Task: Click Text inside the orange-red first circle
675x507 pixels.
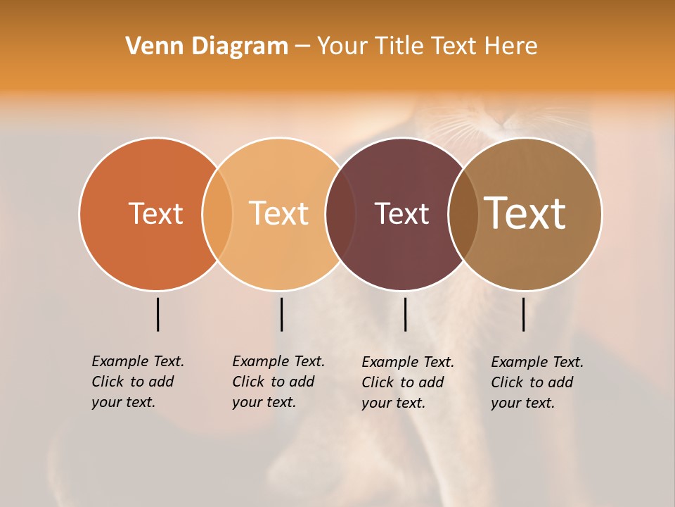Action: coord(155,213)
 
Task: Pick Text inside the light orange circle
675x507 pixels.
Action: coord(278,213)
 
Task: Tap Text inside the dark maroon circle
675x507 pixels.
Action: coord(401,213)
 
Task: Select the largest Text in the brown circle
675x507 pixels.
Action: coord(525,213)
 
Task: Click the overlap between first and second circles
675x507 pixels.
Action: coord(217,214)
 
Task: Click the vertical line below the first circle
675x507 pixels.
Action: coord(157,314)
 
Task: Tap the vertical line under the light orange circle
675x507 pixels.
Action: coord(281,314)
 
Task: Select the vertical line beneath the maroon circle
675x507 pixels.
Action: coord(405,314)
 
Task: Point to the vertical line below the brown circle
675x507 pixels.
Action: coord(523,314)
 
